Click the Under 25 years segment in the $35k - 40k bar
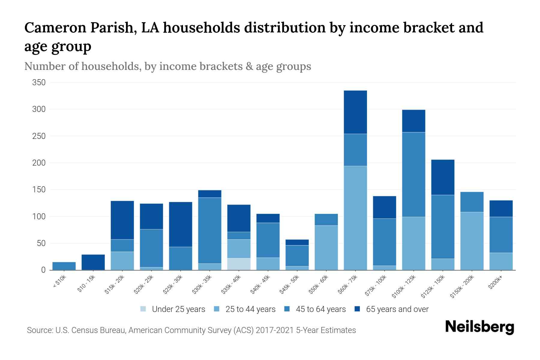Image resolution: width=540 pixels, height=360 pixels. (x=239, y=264)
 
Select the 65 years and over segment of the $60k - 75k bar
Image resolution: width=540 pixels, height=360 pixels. (x=355, y=112)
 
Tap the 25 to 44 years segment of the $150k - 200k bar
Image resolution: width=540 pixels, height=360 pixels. (x=472, y=241)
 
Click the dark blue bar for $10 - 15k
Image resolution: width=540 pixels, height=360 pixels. (x=93, y=262)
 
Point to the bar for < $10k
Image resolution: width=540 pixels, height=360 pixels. (x=64, y=266)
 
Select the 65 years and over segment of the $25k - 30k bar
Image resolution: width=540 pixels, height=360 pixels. (x=181, y=224)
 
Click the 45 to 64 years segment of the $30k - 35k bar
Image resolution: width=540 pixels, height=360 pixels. (x=210, y=230)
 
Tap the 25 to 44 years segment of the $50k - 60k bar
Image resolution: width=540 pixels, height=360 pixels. (x=326, y=247)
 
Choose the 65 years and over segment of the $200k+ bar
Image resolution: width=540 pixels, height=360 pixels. (x=501, y=208)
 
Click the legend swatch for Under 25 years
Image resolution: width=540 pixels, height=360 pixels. (x=143, y=309)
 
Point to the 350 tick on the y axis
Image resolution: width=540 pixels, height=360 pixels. (x=39, y=82)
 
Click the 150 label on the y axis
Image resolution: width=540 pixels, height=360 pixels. (x=39, y=190)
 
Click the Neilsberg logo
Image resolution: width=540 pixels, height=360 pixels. (x=479, y=327)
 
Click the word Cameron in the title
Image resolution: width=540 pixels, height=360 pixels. (x=55, y=28)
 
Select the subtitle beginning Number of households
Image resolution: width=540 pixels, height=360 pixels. (x=167, y=66)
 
